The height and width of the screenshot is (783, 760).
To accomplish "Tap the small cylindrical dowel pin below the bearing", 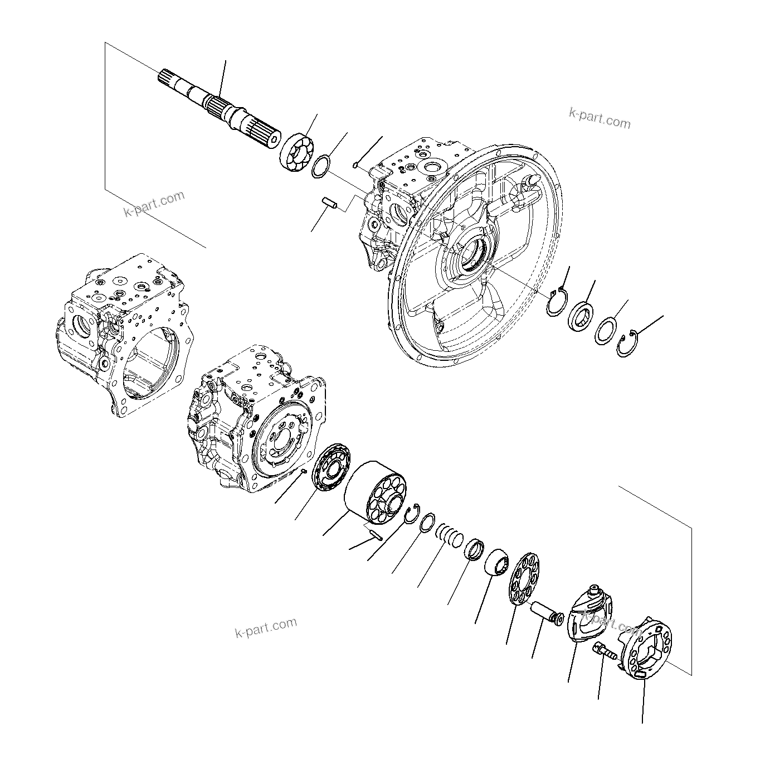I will [330, 204].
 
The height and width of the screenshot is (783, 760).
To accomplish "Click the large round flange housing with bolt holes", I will [474, 257].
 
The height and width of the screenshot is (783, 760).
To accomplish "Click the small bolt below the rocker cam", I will [603, 651].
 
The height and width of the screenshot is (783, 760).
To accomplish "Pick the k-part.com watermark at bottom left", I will [266, 627].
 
